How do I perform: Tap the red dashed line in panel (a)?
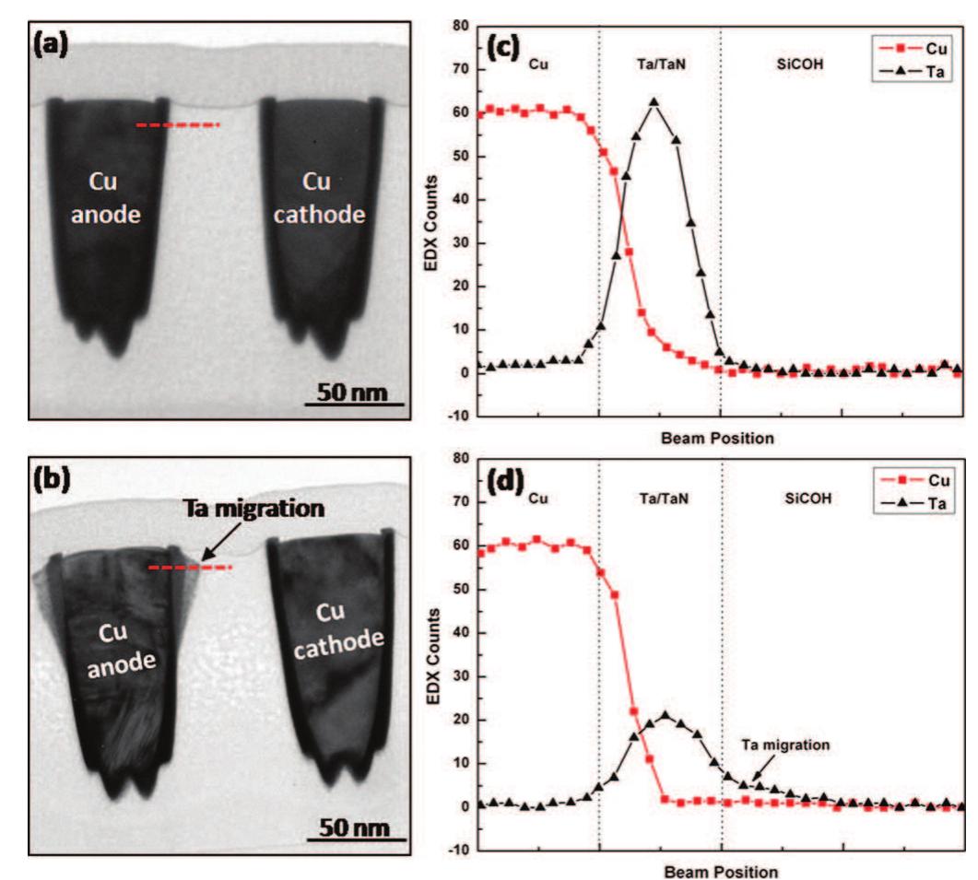pyautogui.click(x=177, y=124)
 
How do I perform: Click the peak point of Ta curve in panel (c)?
pyautogui.click(x=654, y=101)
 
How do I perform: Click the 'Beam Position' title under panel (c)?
pyautogui.click(x=716, y=439)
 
